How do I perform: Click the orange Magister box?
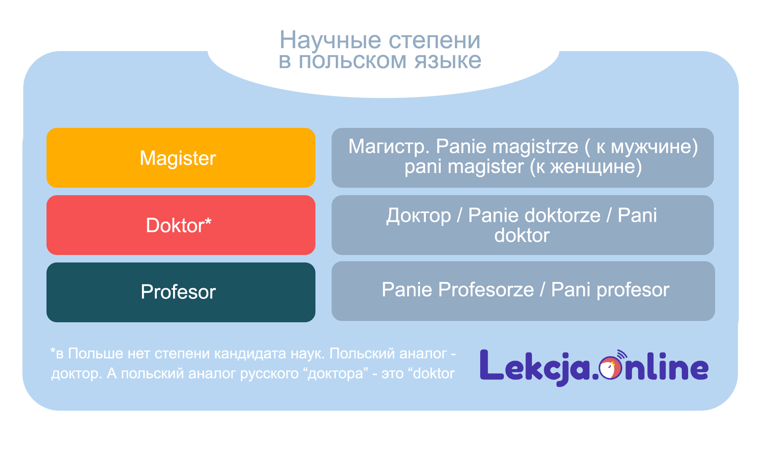181,158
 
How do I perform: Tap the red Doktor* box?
181,225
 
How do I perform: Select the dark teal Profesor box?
181,292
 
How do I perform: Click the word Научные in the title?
330,41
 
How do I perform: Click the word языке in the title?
448,61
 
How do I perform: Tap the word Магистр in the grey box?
389,147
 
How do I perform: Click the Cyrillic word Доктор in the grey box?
418,216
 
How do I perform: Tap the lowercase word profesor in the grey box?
633,290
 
